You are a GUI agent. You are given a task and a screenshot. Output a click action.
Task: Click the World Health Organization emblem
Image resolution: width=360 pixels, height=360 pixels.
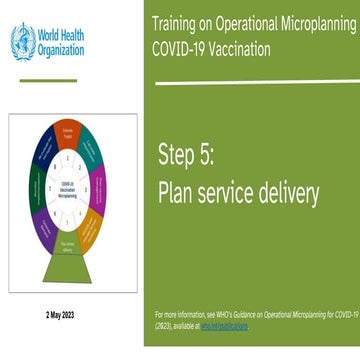pyautogui.click(x=22, y=43)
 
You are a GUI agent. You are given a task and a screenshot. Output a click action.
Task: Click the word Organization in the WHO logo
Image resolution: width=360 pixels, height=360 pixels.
pyautogui.click(x=62, y=51)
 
